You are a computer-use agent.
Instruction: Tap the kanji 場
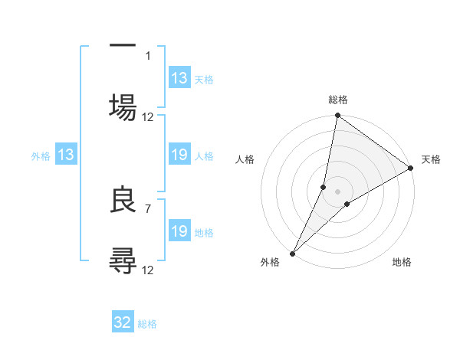123,105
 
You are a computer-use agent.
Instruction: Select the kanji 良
123,201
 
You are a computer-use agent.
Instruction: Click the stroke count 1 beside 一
147,55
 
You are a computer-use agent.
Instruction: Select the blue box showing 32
123,322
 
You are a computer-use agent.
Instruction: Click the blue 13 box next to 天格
179,78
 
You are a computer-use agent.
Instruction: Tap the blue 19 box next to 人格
179,155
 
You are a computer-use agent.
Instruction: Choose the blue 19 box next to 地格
179,231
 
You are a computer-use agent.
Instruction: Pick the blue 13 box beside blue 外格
66,155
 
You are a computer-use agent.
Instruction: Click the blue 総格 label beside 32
147,324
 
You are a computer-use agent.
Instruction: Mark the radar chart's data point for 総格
337,116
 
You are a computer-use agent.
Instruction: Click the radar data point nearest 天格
411,169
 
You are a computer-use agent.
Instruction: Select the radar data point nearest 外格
292,253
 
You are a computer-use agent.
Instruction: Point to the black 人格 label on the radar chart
246,159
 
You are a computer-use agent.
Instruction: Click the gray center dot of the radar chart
337,191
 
